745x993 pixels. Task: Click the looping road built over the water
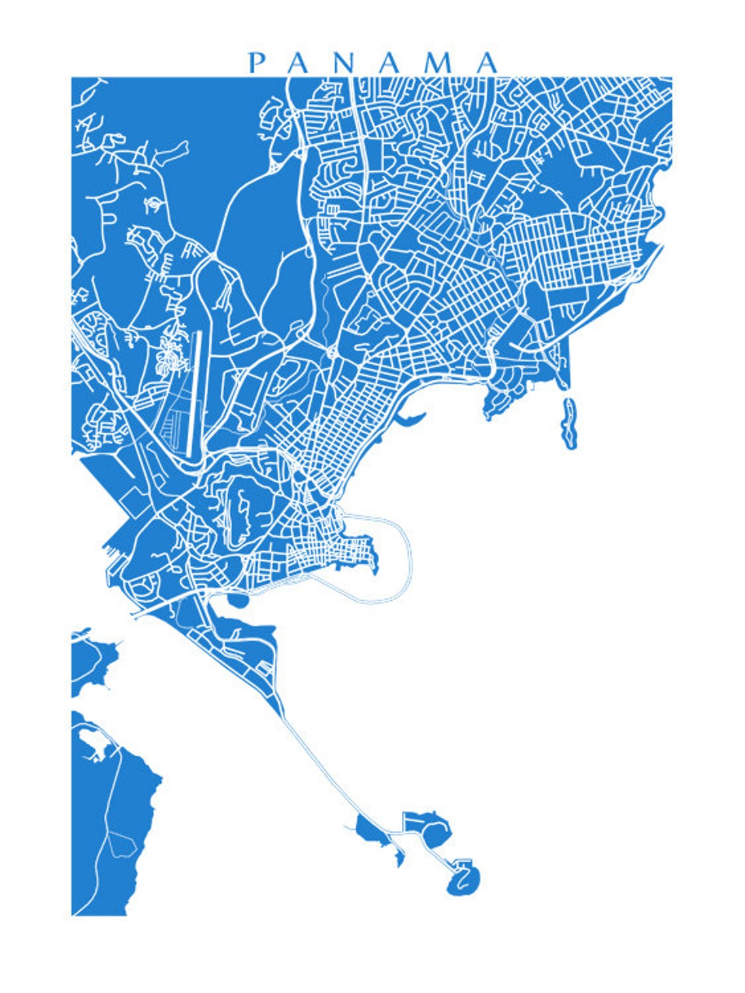coord(408,556)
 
